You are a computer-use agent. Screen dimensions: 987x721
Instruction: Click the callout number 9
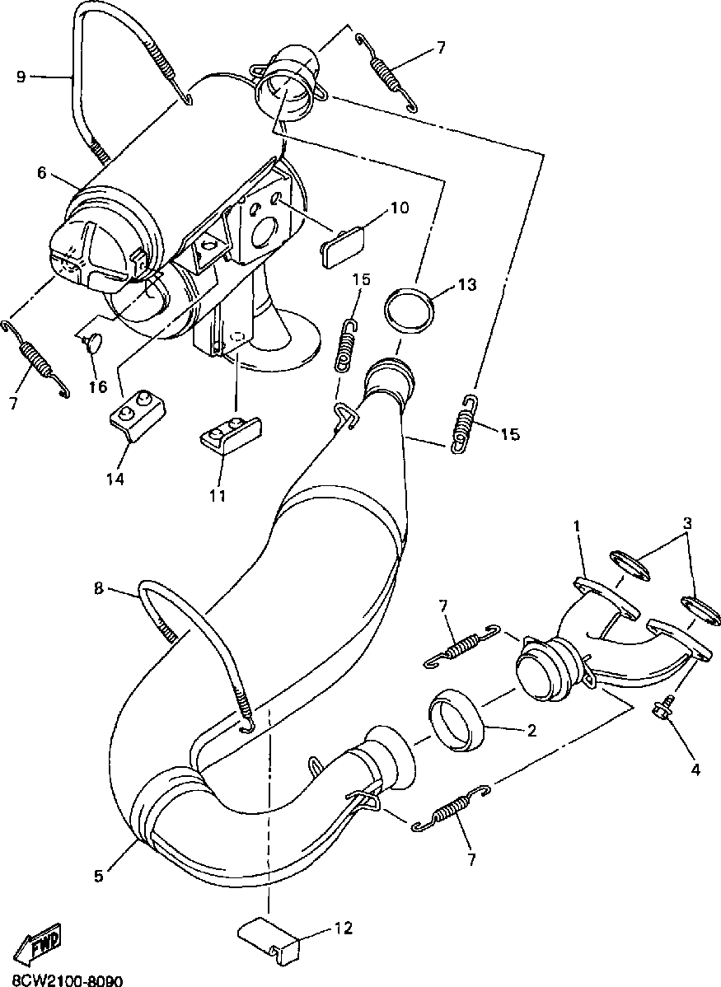21,77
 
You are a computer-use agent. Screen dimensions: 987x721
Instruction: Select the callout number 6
41,174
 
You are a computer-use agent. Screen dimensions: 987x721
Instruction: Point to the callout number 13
467,285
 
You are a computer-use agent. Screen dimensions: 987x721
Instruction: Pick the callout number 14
115,477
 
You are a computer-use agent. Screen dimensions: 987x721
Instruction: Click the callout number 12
344,929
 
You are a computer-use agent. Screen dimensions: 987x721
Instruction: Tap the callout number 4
695,769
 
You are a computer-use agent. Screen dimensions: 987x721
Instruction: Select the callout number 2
531,730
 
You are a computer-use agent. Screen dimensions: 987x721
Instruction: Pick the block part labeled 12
269,938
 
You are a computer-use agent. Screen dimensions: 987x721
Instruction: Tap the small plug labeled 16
92,341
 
